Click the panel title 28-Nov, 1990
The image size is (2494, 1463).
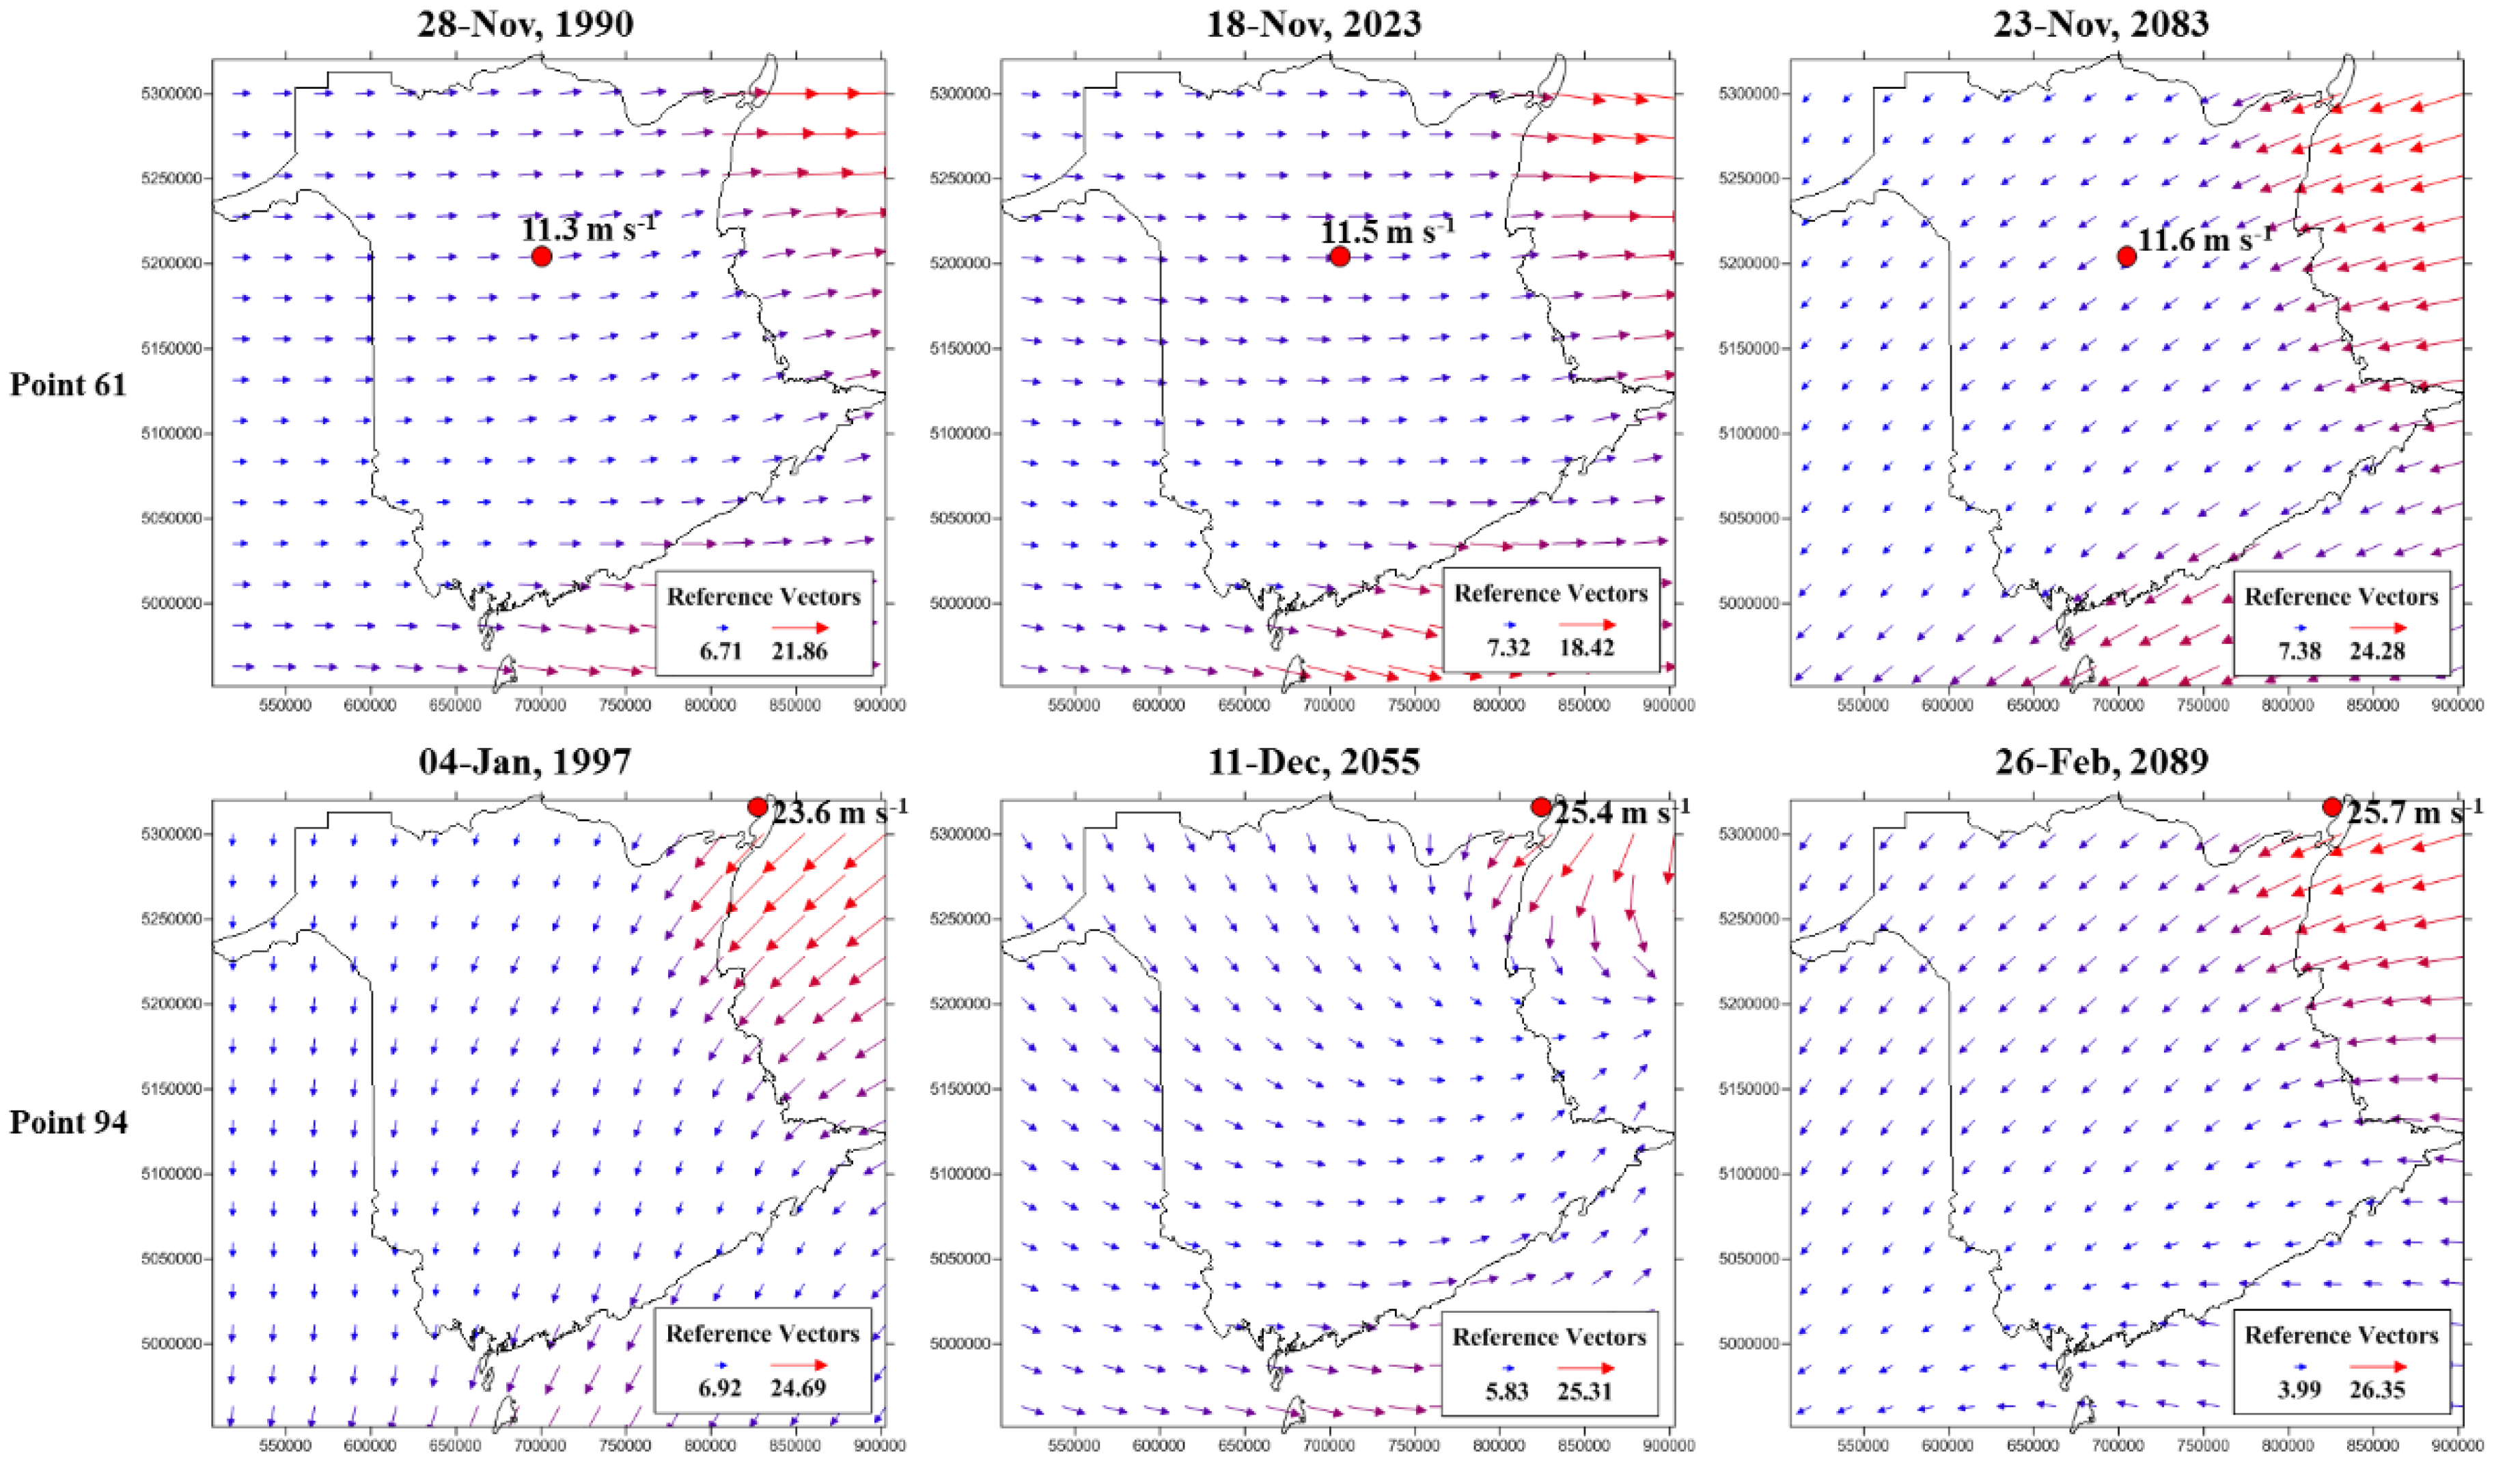(525, 24)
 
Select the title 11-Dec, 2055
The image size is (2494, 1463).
(1314, 761)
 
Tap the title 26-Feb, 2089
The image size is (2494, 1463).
(2102, 761)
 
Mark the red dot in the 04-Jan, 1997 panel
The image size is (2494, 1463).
(758, 807)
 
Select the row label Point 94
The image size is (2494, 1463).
(68, 1122)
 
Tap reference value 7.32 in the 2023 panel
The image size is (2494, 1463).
(1508, 648)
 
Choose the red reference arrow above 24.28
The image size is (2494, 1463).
(2378, 628)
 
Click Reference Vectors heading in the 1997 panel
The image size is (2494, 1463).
(762, 1335)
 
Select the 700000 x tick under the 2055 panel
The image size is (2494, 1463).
(1329, 1445)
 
